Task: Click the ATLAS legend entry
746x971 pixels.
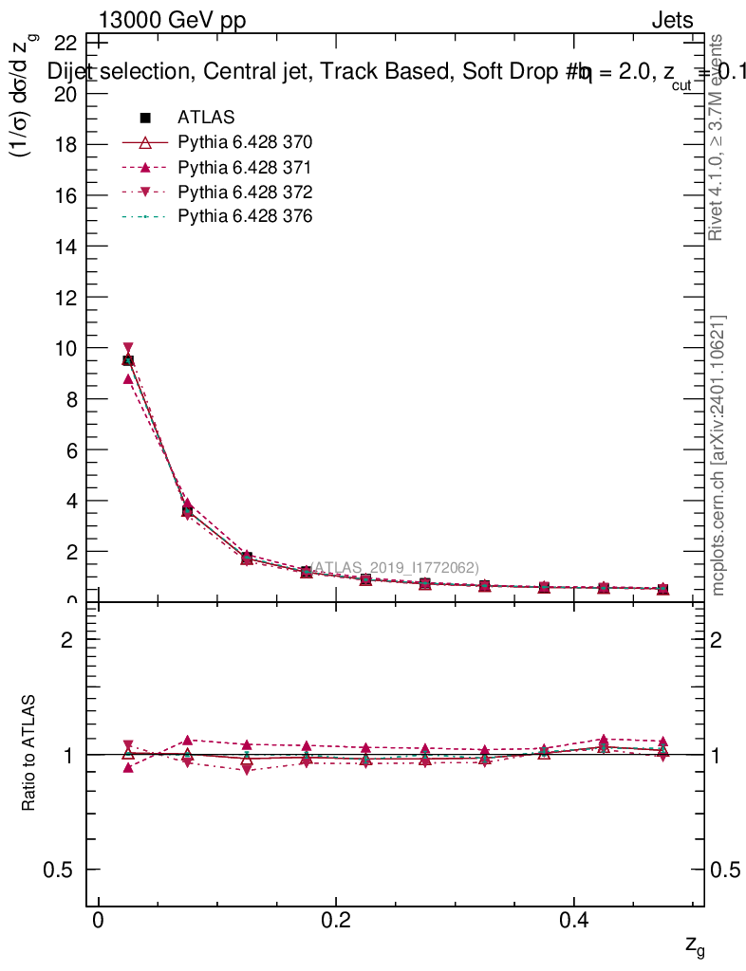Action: point(206,118)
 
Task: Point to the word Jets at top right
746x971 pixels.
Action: point(672,20)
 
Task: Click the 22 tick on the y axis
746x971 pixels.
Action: point(65,43)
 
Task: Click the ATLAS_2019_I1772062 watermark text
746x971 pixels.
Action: point(389,567)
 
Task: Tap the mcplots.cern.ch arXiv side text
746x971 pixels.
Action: point(718,455)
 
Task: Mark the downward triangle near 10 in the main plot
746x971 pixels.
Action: point(128,348)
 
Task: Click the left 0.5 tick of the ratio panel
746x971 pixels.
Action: point(63,870)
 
